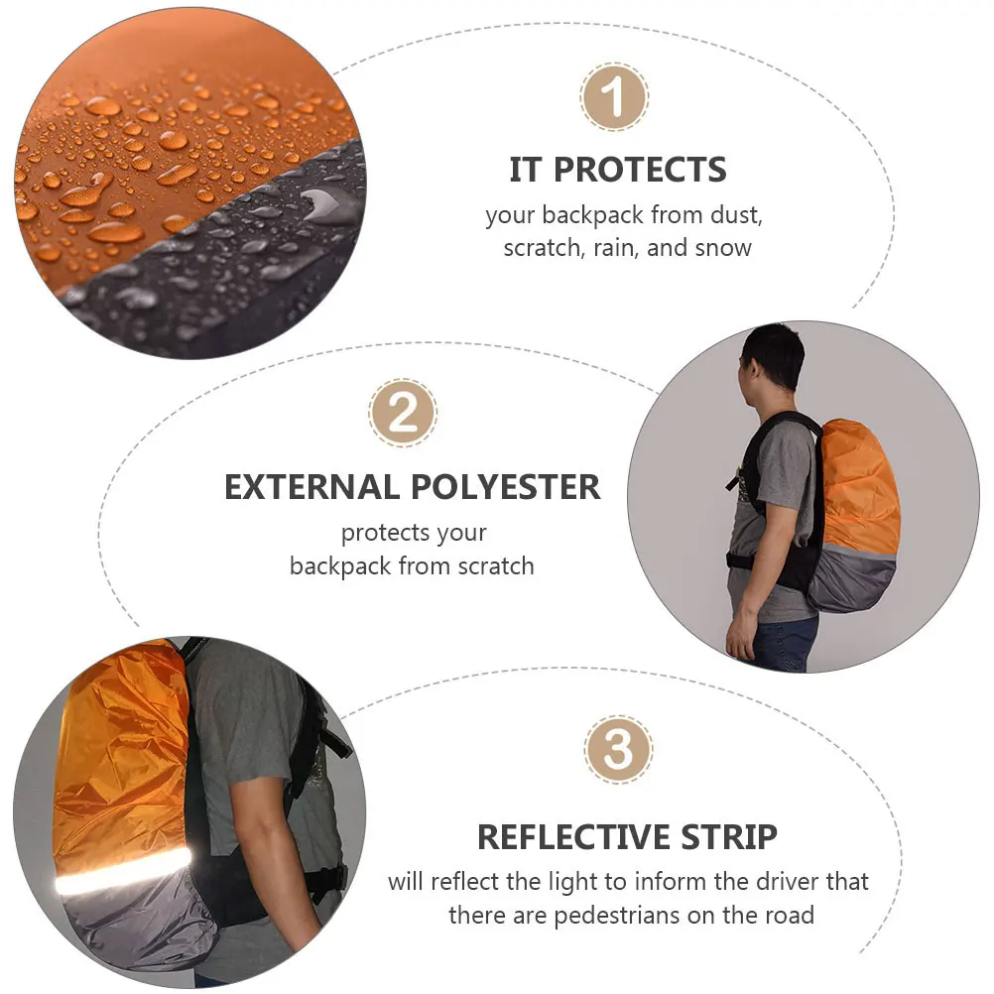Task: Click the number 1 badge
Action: point(614,97)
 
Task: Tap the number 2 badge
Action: point(403,414)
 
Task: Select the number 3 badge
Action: point(618,749)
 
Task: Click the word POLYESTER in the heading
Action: point(502,487)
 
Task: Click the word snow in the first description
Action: point(723,248)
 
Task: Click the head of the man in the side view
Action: point(771,357)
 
